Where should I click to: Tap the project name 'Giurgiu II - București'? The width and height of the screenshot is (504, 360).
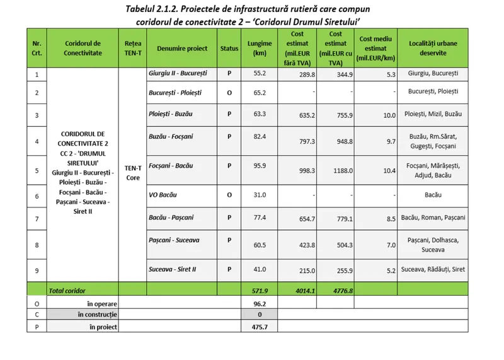coord(178,73)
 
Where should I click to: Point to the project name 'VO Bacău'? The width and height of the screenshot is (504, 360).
coord(162,196)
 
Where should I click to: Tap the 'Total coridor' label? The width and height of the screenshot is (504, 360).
coord(68,291)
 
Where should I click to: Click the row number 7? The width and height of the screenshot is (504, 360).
coord(37,218)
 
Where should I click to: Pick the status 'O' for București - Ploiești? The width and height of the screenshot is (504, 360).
coord(229,92)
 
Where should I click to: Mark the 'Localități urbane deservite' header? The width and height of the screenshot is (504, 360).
coord(433,48)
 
